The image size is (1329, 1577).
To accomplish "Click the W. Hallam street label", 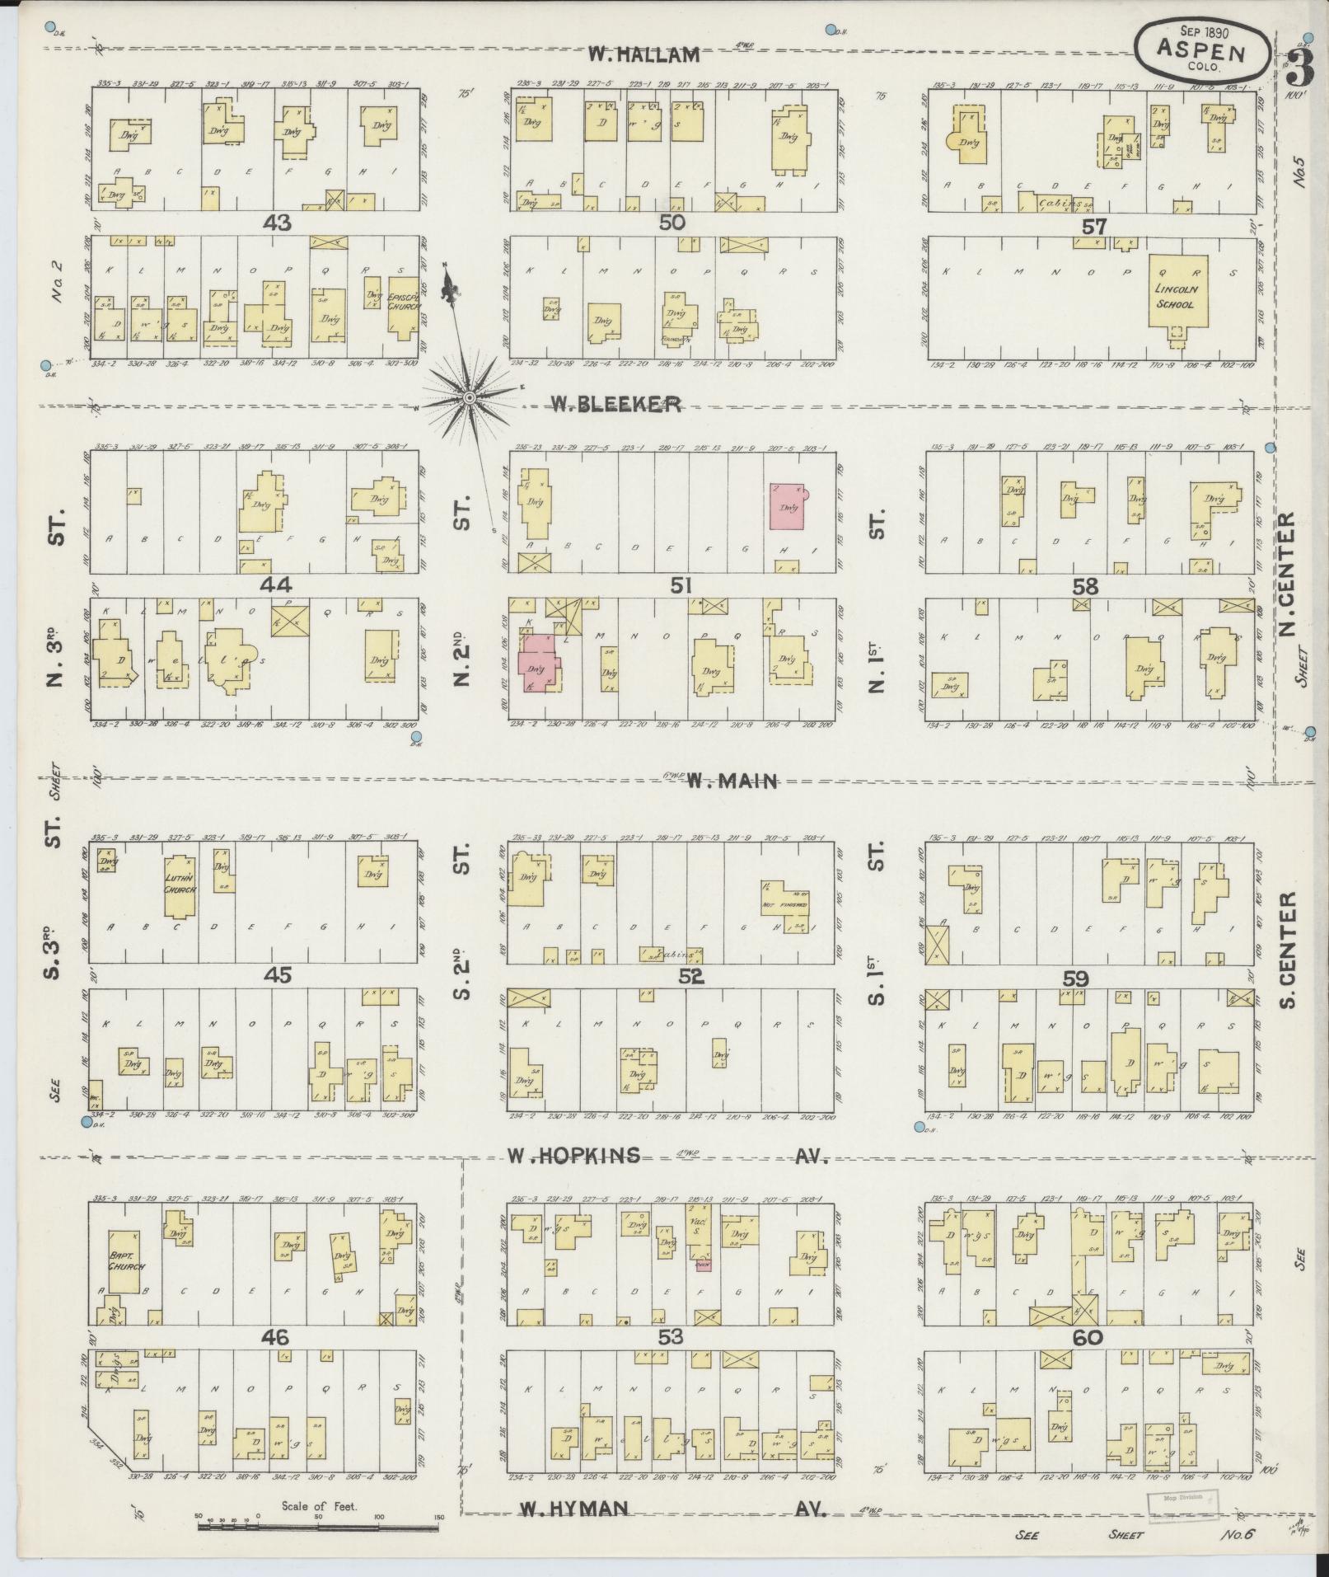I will point(643,55).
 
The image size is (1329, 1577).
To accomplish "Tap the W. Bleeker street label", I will point(615,404).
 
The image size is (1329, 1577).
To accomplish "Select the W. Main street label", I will point(732,781).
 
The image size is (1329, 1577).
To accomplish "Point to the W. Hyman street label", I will point(575,1509).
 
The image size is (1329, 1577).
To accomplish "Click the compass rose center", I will point(468,399).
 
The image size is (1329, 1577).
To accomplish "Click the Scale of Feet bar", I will point(318,1528).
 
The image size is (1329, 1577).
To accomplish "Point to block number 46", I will point(274,1336).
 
